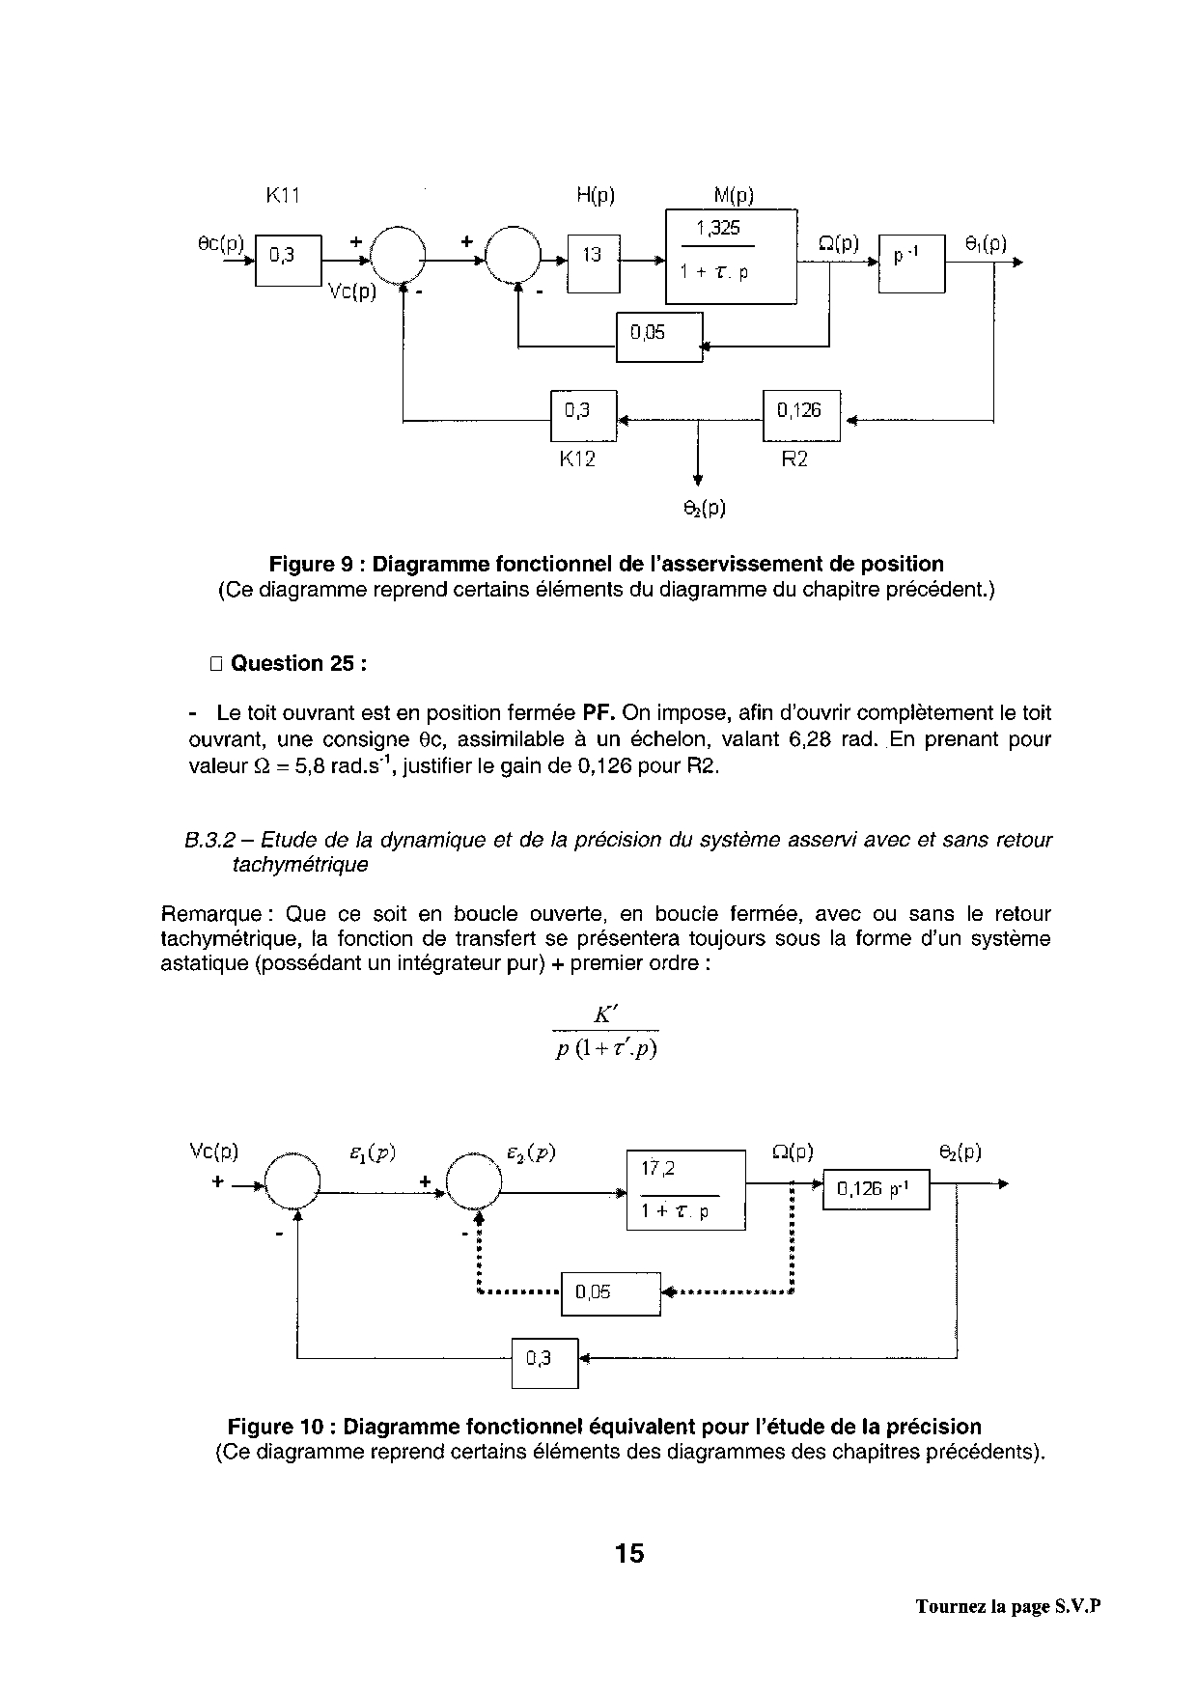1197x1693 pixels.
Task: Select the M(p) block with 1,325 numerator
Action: pyautogui.click(x=731, y=256)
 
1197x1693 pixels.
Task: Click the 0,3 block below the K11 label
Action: pyautogui.click(x=287, y=258)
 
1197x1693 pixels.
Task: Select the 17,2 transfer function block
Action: pyautogui.click(x=685, y=1190)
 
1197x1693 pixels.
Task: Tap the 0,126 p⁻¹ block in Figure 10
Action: pyautogui.click(x=875, y=1190)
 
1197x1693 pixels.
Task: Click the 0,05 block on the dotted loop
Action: pyautogui.click(x=610, y=1293)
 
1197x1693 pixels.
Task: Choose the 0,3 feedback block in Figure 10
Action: pyautogui.click(x=543, y=1362)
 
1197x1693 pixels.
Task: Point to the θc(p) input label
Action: pyautogui.click(x=221, y=244)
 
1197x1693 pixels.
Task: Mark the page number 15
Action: pyautogui.click(x=628, y=1553)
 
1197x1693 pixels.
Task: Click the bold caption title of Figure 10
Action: pyautogui.click(x=604, y=1427)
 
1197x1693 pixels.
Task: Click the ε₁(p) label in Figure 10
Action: pyautogui.click(x=372, y=1152)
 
